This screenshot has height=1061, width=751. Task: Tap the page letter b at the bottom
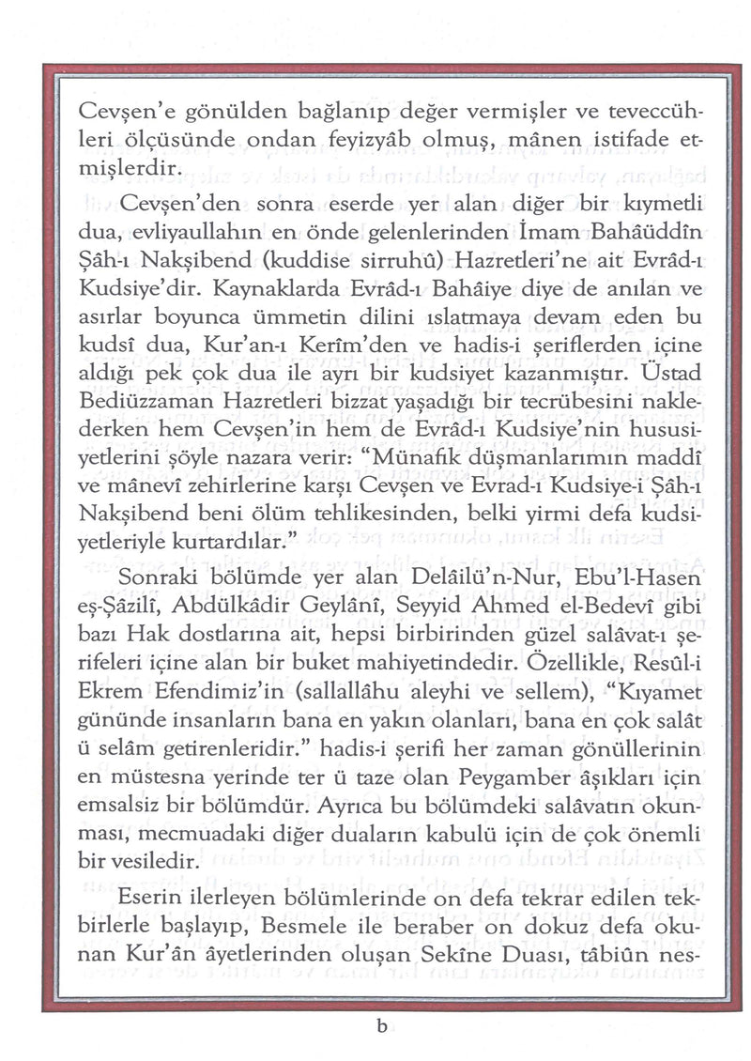(380, 1027)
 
